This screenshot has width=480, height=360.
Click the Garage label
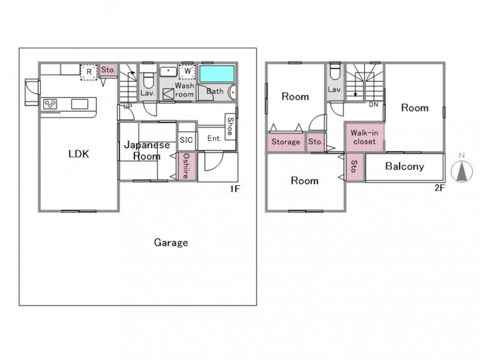pos(171,243)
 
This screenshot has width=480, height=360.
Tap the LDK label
pos(79,154)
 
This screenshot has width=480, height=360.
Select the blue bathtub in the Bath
pos(217,74)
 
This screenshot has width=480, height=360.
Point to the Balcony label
pos(404,166)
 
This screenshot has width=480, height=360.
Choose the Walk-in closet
pos(364,137)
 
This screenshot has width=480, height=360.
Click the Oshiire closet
pos(186,166)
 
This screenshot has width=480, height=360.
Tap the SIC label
pos(186,140)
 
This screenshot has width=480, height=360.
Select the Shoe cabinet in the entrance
pos(230,127)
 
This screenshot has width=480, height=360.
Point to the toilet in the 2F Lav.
pos(335,72)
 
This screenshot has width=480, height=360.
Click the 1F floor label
pos(235,189)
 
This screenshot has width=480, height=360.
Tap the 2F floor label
pos(440,188)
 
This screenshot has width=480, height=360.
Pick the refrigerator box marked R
pos(89,72)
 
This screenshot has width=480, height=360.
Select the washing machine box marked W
pos(187,72)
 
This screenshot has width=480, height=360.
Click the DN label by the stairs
pos(373,105)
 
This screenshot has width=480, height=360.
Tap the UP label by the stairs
pos(128,107)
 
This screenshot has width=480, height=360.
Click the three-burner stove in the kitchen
pos(50,104)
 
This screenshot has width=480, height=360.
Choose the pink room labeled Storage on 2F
pos(286,142)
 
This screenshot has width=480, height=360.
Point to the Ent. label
pos(214,139)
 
